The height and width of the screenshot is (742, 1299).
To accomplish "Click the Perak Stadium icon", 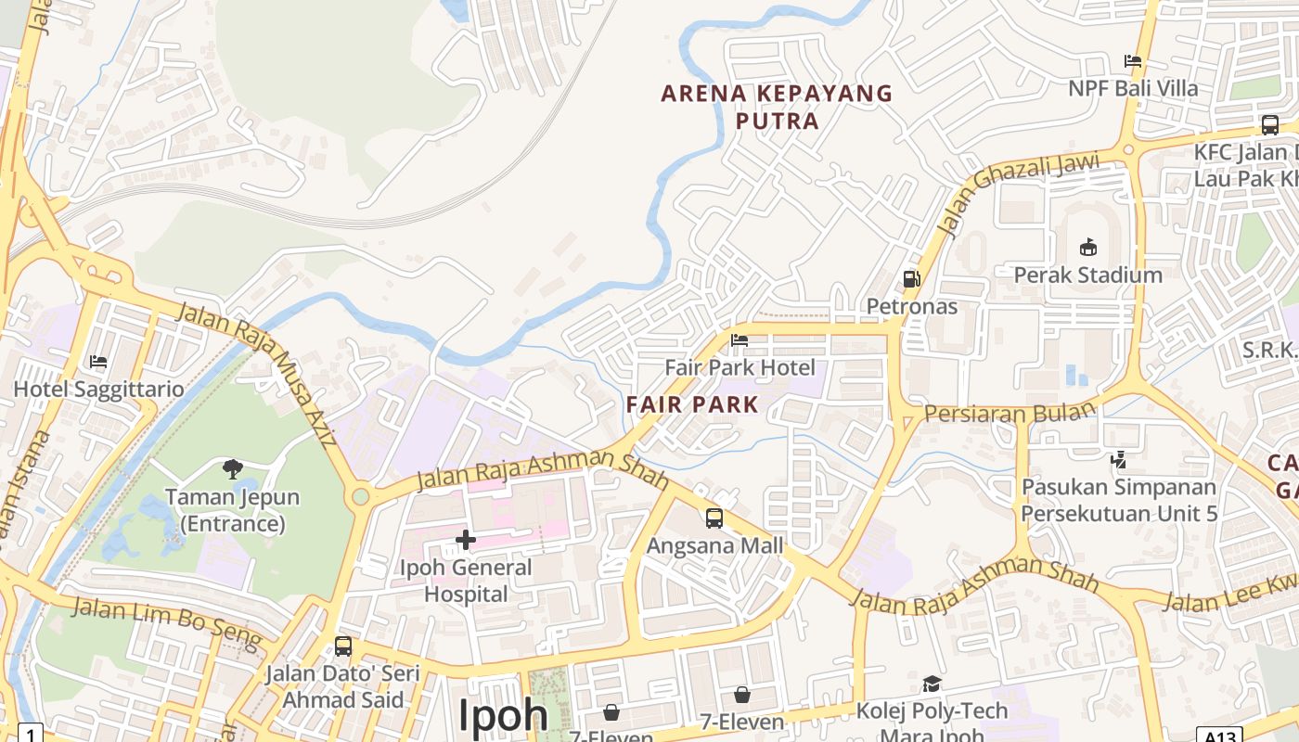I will [1088, 247].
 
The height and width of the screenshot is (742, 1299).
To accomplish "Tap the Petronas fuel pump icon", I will [911, 278].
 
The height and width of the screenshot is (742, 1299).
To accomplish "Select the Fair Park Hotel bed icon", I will [740, 340].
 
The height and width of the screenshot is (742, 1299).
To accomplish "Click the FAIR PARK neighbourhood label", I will [692, 404].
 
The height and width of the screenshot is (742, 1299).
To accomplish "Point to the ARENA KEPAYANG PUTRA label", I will [777, 107].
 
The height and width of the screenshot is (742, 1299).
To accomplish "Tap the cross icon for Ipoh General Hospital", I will [466, 539].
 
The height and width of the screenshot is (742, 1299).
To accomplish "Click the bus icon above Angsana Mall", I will [714, 518].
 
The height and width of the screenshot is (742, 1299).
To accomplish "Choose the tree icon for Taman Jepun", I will [232, 469].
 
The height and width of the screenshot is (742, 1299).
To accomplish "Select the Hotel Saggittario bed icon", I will [98, 361].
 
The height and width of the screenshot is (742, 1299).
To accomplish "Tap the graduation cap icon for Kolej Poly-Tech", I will [932, 684].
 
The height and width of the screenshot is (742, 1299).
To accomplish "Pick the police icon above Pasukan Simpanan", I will [1118, 458].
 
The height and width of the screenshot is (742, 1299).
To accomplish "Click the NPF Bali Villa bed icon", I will [1133, 61].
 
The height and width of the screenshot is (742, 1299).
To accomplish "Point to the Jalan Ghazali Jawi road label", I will [1017, 192].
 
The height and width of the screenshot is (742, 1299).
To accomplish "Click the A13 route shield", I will [1218, 736].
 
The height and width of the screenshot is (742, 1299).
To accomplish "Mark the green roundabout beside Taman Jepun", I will [361, 497].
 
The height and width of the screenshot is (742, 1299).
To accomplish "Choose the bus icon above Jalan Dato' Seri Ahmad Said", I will [343, 646].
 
